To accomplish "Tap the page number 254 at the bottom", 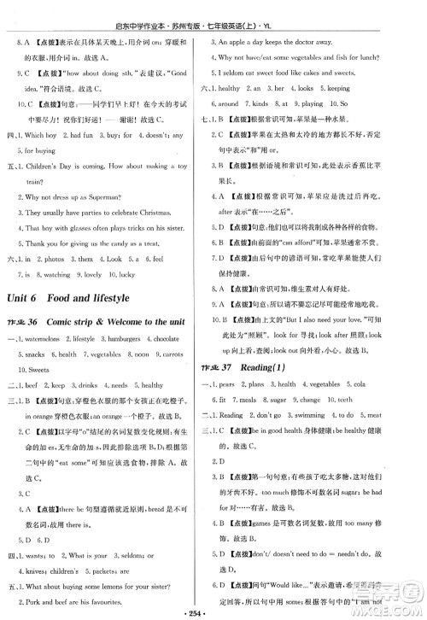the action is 213,611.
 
